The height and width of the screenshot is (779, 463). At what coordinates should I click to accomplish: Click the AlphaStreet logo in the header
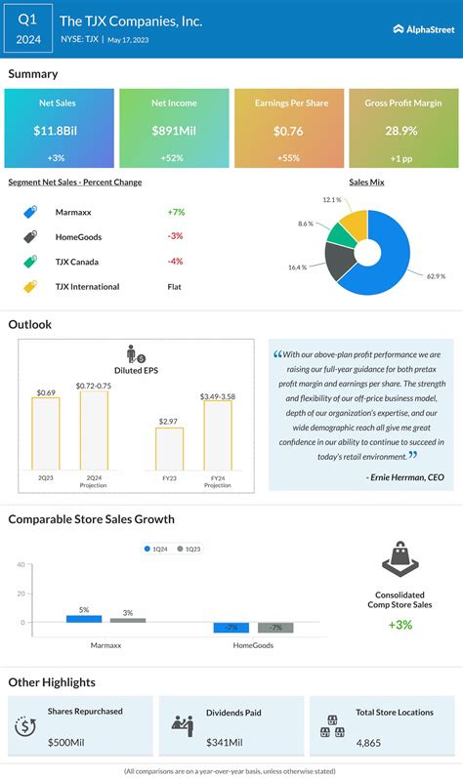coord(423,29)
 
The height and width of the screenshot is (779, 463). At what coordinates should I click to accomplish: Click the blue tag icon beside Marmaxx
coord(30,212)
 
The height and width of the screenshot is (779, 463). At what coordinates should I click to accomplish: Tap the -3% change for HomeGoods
coord(176,236)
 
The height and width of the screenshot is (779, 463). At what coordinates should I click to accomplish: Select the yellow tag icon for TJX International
coord(30,287)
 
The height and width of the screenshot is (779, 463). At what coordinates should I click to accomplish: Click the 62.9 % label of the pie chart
coord(436,276)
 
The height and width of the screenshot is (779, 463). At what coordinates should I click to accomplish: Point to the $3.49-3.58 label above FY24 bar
coord(218,396)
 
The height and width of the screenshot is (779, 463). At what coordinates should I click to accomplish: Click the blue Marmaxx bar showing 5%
coord(84,618)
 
